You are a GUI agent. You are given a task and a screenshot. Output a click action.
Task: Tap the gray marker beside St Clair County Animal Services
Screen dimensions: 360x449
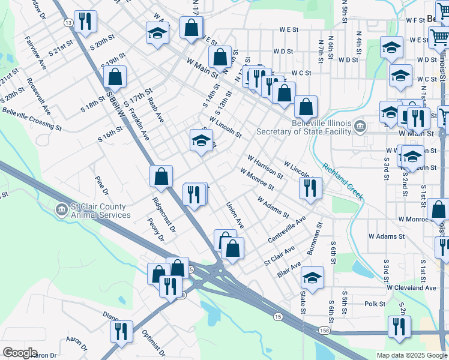(x=62, y=210)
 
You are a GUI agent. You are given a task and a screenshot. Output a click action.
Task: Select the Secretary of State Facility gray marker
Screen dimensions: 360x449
(x=360, y=126)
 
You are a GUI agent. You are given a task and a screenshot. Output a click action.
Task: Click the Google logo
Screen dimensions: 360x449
(x=20, y=352)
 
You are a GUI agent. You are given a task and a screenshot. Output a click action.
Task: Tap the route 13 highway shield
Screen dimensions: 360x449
(x=68, y=22)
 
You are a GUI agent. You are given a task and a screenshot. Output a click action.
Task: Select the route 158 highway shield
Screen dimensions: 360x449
(x=324, y=331)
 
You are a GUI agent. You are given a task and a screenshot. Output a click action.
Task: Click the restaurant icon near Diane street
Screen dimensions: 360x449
(x=122, y=332)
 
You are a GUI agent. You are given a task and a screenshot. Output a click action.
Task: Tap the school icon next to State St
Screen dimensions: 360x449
(x=312, y=278)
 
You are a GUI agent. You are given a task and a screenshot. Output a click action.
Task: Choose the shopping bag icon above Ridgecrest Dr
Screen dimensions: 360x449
(x=161, y=177)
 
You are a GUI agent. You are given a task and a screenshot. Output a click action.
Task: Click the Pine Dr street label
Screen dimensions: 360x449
(x=101, y=185)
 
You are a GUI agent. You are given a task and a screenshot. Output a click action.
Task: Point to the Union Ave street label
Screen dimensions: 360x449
(x=235, y=215)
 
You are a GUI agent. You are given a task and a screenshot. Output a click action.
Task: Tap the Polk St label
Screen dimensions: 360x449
(x=375, y=304)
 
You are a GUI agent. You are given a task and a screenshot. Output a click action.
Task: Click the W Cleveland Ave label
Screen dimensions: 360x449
(x=411, y=287)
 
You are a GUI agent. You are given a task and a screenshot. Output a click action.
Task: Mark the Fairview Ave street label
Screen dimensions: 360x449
(x=36, y=53)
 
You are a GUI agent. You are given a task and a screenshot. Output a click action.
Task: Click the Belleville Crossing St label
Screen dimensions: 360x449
(x=31, y=118)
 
